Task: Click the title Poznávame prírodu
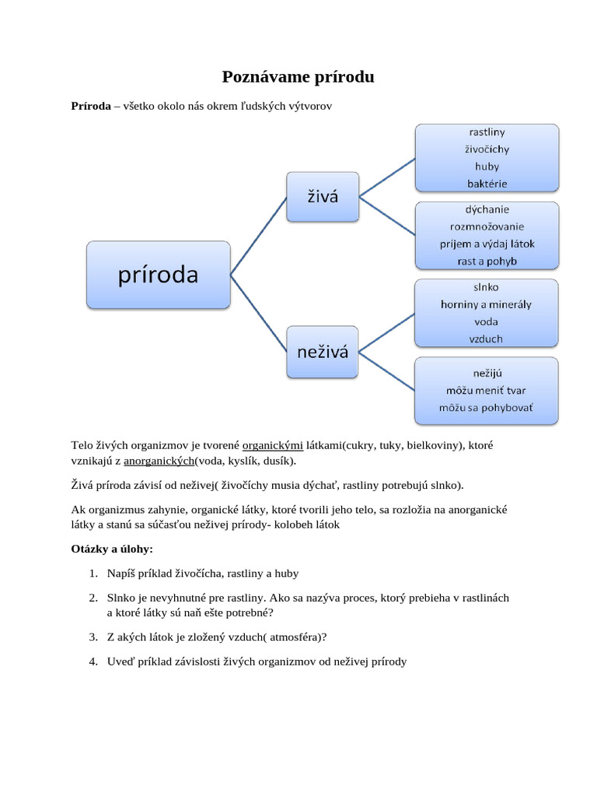[x=298, y=76]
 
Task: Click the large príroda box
[x=159, y=275]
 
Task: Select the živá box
[x=323, y=196]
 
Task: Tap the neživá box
[x=323, y=352]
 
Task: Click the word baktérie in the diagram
[x=487, y=184]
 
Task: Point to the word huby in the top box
[x=487, y=167]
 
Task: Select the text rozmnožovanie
[x=487, y=226]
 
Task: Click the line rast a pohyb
[x=487, y=261]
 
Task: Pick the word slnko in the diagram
[x=487, y=287]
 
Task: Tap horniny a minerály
[x=487, y=304]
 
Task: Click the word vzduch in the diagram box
[x=487, y=339]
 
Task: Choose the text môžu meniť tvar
[x=487, y=390]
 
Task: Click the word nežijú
[x=487, y=373]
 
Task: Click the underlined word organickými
[x=273, y=446]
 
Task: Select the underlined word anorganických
[x=159, y=461]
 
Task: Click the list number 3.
[x=93, y=637]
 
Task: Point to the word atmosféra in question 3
[x=295, y=637]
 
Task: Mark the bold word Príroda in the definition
[x=91, y=106]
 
